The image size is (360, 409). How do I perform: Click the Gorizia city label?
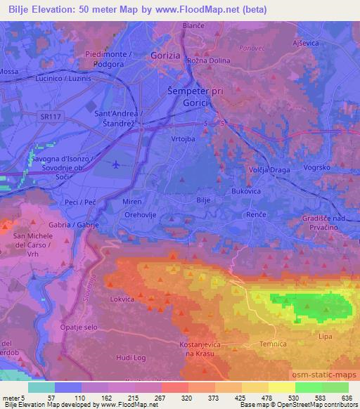(x=167, y=54)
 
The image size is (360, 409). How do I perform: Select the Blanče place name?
(x=193, y=25)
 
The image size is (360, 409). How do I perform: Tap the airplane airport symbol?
(x=116, y=165)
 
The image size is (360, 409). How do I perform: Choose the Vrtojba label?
(x=183, y=139)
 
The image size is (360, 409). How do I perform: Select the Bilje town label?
(x=203, y=201)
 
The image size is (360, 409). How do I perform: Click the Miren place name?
(x=132, y=202)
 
